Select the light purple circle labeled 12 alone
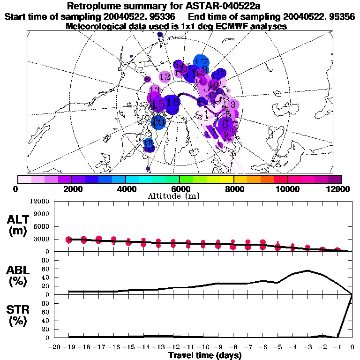click(165, 76)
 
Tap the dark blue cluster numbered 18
click(172, 102)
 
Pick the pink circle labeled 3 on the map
click(232, 104)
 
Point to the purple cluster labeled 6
click(226, 124)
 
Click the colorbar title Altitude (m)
click(175, 196)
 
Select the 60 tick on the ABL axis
click(46, 269)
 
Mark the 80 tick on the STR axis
click(46, 303)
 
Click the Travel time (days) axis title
click(205, 356)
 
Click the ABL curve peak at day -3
click(307, 270)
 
